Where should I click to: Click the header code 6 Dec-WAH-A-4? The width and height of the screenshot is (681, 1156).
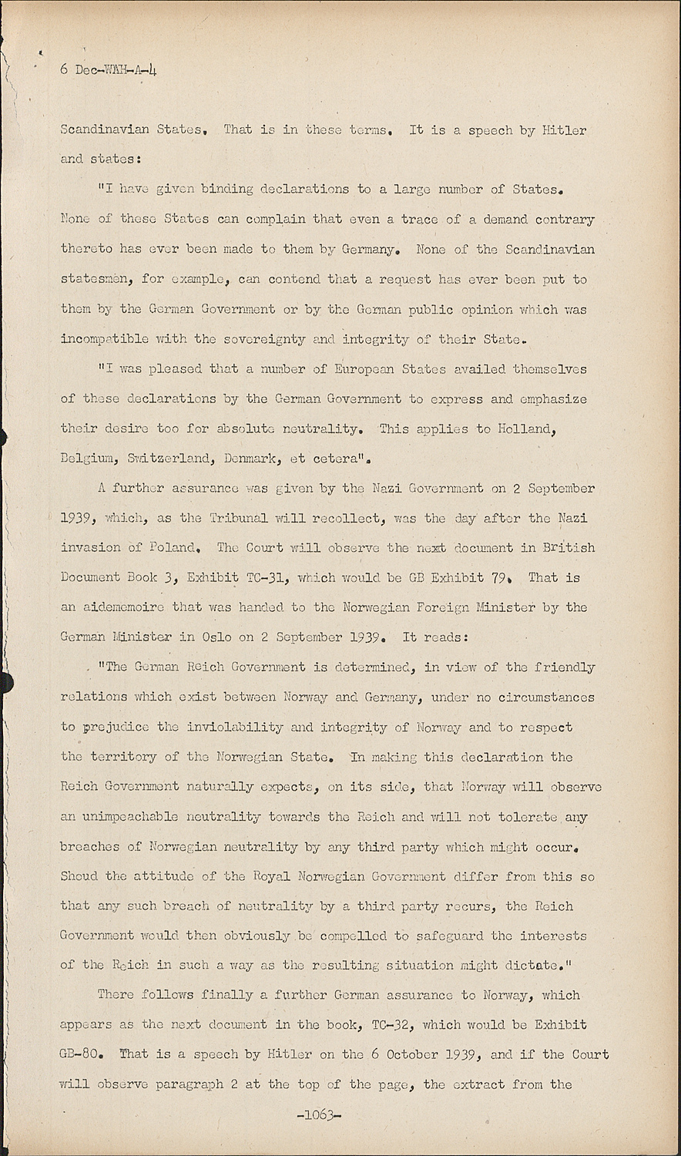(x=109, y=69)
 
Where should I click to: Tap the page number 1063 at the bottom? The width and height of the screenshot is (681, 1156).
(x=318, y=1115)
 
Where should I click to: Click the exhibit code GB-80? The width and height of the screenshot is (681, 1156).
(x=79, y=1055)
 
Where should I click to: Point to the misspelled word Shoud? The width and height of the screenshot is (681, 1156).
(x=80, y=876)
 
